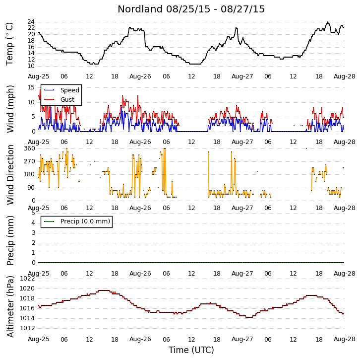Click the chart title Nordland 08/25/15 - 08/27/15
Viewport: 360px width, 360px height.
pyautogui.click(x=191, y=9)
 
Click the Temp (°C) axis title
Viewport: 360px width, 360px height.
pyautogui.click(x=9, y=44)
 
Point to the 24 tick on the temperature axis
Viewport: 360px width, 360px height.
pyautogui.click(x=31, y=22)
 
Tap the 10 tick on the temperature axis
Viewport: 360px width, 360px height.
pyautogui.click(x=31, y=66)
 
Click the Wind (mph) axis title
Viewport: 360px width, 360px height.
pyautogui.click(x=10, y=109)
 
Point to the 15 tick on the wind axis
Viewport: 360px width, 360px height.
pyautogui.click(x=31, y=87)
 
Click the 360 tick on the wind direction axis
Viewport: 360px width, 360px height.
pyautogui.click(x=30, y=148)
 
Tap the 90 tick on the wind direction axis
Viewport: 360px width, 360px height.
pyautogui.click(x=31, y=188)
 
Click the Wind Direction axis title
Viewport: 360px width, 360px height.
pyautogui.click(x=10, y=175)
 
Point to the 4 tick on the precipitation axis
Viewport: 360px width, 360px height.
pyautogui.click(x=33, y=223)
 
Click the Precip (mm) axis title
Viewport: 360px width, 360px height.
pyautogui.click(x=10, y=240)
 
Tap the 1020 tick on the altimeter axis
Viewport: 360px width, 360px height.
pyautogui.click(x=27, y=288)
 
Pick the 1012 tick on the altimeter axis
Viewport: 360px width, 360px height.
pyautogui.click(x=27, y=328)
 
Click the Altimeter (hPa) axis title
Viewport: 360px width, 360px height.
pyautogui.click(x=10, y=307)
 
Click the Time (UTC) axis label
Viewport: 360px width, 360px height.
pyautogui.click(x=191, y=350)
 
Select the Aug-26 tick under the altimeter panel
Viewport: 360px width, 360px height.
pyautogui.click(x=140, y=339)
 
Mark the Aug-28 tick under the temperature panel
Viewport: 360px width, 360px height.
pyautogui.click(x=345, y=76)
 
